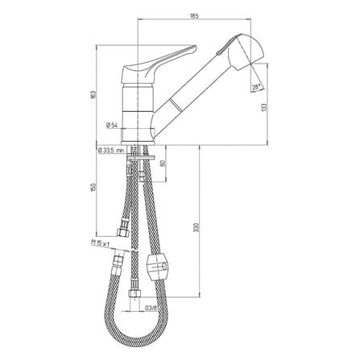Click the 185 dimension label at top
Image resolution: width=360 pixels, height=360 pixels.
194,16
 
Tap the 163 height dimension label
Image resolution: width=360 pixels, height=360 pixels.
93,94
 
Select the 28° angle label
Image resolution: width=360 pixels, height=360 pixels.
256,87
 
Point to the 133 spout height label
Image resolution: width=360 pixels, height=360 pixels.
264,107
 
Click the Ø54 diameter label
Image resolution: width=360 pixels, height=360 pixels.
111,125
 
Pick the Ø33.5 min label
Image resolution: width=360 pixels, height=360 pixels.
111,151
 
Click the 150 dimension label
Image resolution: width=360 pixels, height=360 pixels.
93,188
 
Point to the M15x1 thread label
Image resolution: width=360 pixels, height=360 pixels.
101,243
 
